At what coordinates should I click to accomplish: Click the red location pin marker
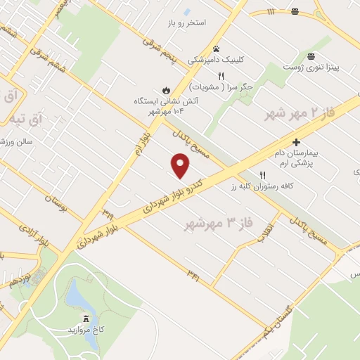181,165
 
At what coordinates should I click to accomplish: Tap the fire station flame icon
166,91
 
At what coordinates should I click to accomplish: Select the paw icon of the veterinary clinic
217,49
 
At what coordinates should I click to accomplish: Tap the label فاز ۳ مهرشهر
217,224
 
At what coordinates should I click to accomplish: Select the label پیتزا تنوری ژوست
311,67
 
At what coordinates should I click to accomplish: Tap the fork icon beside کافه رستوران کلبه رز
262,176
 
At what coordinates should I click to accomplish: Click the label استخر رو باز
186,23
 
